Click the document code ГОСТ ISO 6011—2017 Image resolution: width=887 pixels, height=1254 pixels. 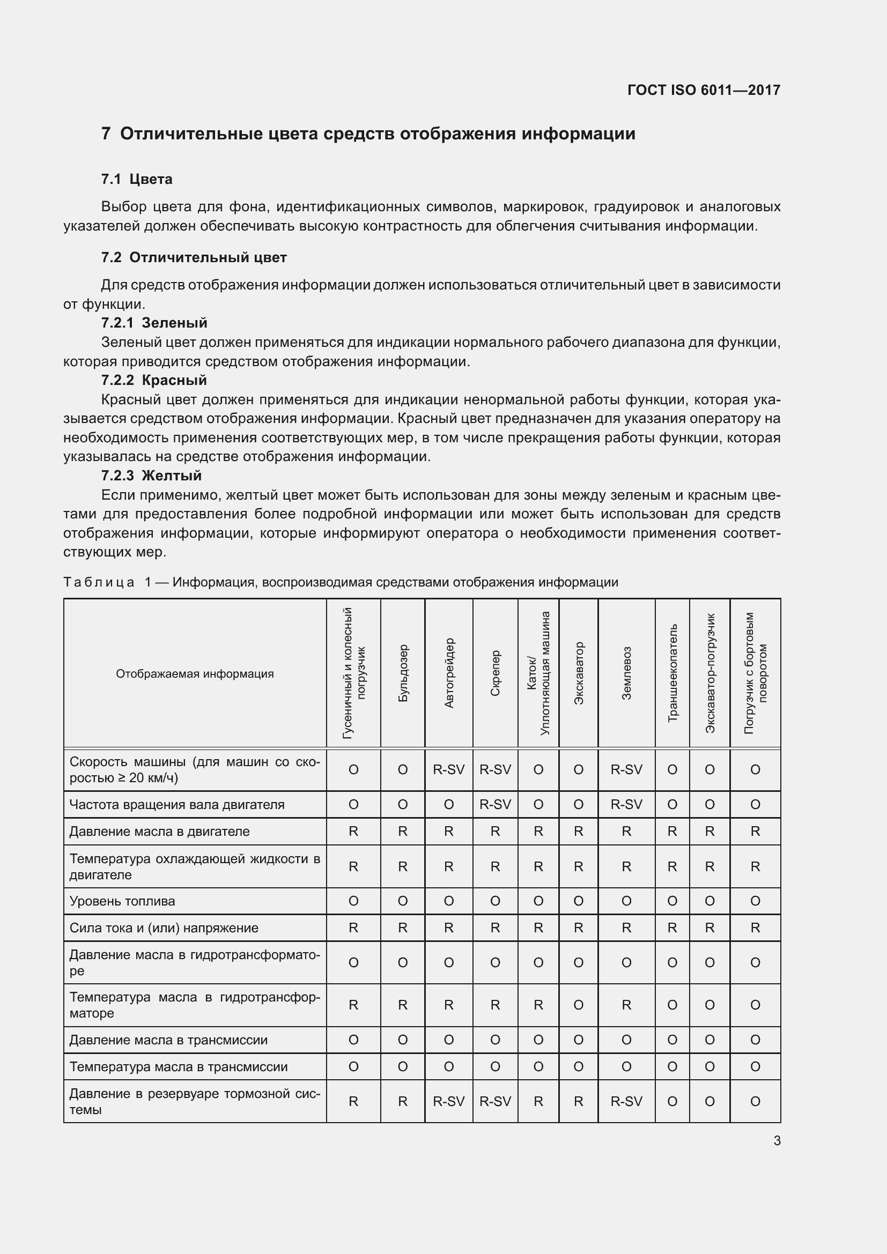(704, 90)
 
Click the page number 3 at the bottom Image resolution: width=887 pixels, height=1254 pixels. (777, 1140)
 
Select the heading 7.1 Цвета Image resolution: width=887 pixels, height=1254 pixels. (137, 179)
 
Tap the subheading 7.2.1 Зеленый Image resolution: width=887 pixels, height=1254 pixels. (154, 323)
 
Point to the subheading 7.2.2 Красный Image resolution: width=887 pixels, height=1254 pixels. (154, 380)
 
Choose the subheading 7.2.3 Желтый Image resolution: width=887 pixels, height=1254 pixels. (151, 476)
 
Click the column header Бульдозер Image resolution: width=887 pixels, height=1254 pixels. (403, 673)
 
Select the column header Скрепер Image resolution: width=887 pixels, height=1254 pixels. (495, 673)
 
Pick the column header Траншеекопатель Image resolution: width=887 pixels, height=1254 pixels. (672, 673)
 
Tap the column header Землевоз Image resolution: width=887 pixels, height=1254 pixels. (626, 673)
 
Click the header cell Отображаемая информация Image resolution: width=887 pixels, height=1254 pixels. (195, 674)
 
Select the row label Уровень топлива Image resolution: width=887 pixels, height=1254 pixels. (122, 901)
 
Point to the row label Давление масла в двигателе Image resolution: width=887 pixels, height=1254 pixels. (159, 832)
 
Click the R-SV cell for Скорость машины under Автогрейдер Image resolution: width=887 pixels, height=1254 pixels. (448, 769)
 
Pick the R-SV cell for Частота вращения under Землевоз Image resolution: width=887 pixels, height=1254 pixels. (626, 805)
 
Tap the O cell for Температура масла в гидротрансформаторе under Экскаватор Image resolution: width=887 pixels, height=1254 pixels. (579, 1005)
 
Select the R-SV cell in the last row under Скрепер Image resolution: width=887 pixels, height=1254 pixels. (495, 1102)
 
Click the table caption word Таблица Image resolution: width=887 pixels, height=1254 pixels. (99, 582)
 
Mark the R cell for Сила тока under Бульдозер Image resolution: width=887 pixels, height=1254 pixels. (403, 928)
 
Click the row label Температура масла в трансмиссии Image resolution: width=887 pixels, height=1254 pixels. (179, 1067)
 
